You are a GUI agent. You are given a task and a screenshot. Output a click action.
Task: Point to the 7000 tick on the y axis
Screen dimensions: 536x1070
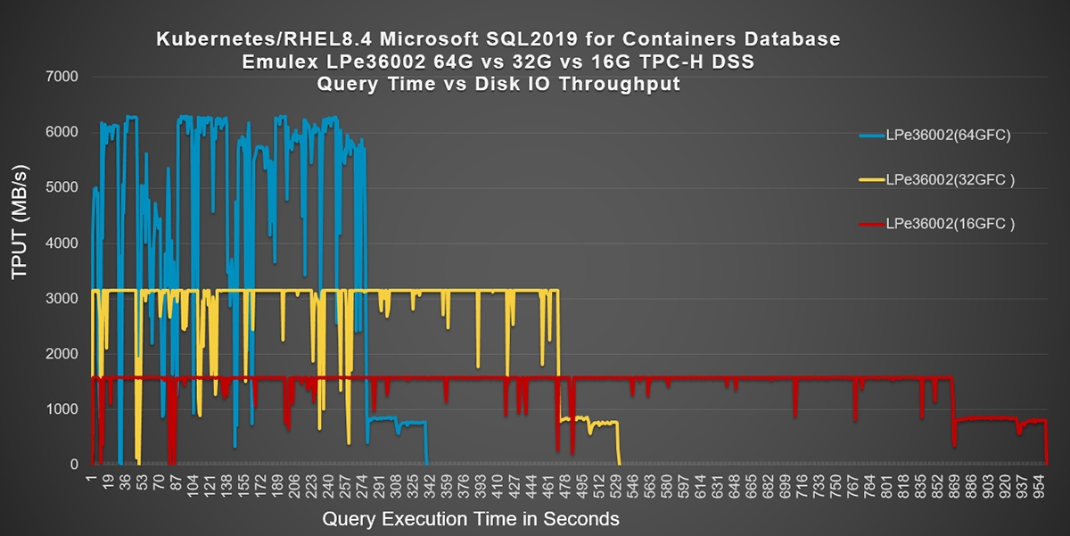coord(62,78)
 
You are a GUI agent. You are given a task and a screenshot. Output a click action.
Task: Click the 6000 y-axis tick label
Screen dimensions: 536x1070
coord(62,133)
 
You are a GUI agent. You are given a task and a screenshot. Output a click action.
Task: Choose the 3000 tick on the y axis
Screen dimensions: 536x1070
coord(62,299)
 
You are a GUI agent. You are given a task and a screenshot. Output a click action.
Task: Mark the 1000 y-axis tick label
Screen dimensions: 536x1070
coord(62,409)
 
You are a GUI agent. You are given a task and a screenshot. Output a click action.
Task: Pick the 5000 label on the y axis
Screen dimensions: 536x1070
coord(62,188)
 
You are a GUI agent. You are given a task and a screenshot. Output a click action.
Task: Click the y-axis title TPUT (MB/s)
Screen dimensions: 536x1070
coord(20,224)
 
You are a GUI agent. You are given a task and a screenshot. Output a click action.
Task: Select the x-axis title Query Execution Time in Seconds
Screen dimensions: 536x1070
coord(470,518)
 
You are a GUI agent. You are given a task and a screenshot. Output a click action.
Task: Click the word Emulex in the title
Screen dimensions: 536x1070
coord(272,62)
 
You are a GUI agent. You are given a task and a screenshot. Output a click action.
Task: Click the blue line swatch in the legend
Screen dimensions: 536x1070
coord(871,136)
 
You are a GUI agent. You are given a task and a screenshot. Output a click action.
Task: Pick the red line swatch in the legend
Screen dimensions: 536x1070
coord(871,224)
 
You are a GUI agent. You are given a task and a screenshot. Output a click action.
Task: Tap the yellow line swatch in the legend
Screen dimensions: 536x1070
coord(871,179)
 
